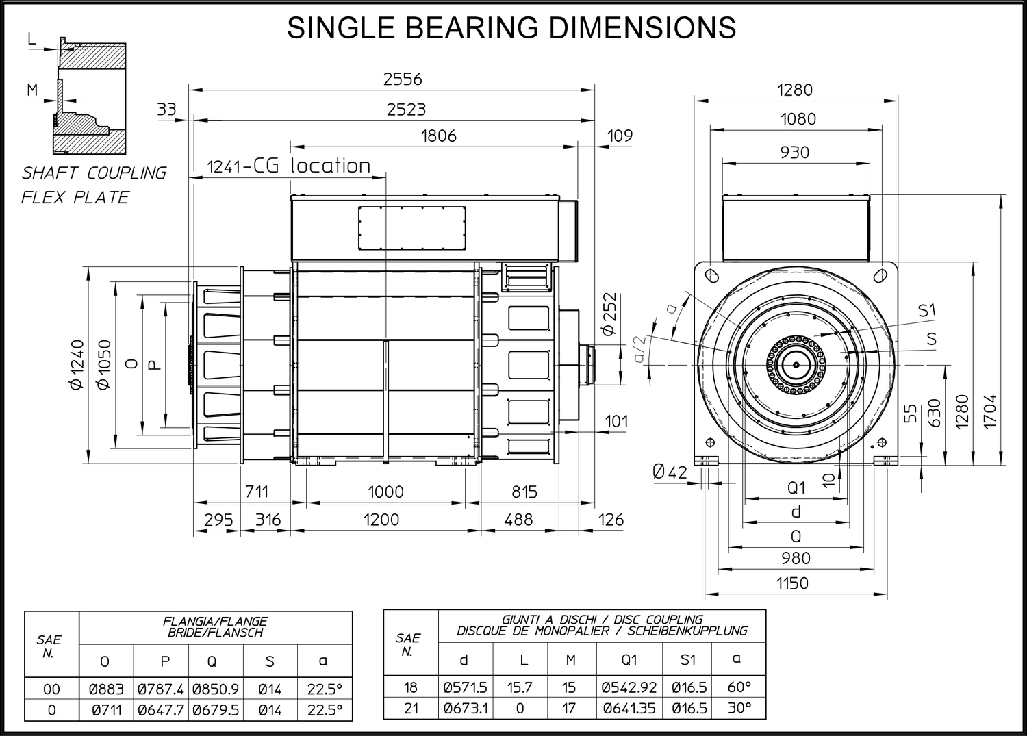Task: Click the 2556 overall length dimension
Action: tap(402, 79)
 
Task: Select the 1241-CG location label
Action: tap(288, 166)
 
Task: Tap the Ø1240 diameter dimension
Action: tap(77, 364)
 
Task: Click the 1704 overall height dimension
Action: tap(989, 411)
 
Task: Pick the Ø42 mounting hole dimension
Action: tap(670, 472)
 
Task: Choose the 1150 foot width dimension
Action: tap(792, 583)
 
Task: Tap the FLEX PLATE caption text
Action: tap(75, 198)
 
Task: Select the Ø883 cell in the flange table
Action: tap(106, 689)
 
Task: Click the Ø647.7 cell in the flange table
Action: tap(160, 710)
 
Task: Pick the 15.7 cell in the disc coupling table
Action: tap(520, 687)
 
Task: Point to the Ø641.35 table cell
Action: tap(629, 709)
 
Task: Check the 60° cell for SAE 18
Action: tap(739, 687)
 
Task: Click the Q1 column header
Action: tap(629, 660)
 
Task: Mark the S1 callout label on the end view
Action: tap(926, 311)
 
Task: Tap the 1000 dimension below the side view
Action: tap(385, 492)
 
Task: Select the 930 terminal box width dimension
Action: tap(794, 152)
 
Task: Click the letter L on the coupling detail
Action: tap(31, 39)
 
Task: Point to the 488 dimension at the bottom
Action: tap(518, 520)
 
